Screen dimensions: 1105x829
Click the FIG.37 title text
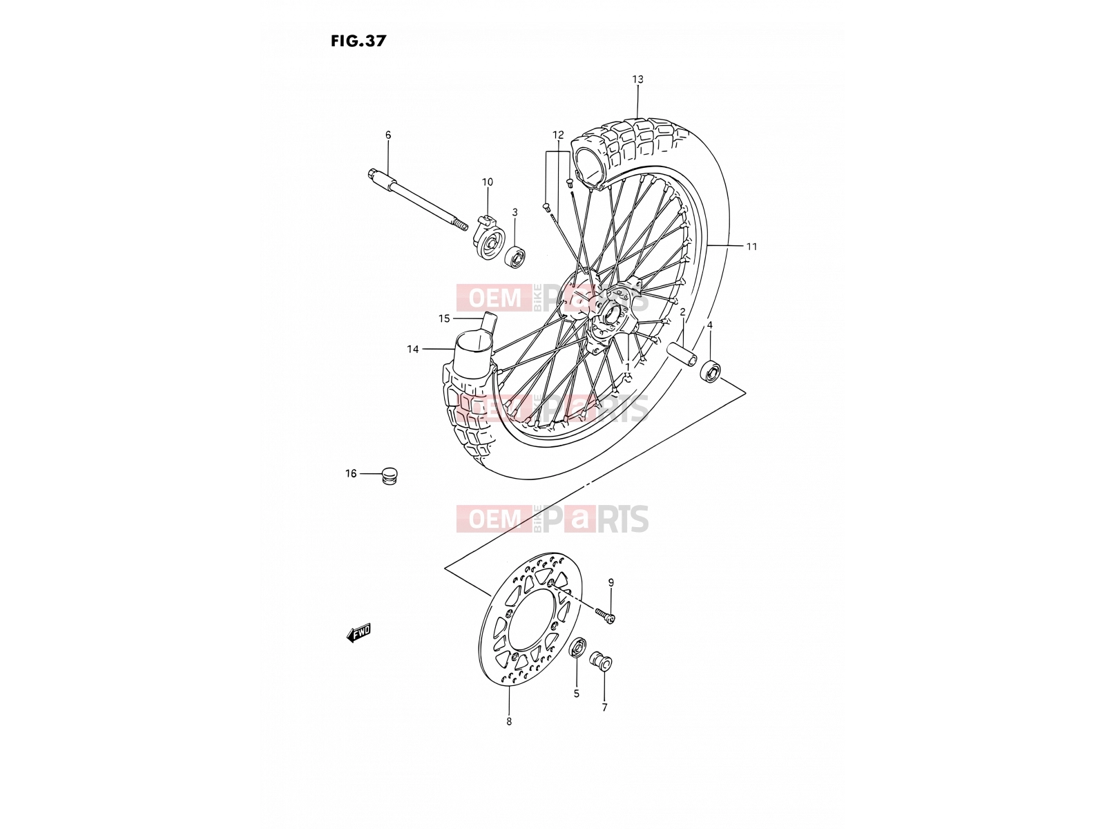coord(358,41)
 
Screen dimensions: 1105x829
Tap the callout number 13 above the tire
coord(637,79)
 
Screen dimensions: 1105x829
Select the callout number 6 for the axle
coord(387,135)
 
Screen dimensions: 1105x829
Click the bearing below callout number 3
coord(515,256)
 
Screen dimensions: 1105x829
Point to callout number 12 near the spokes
coord(558,135)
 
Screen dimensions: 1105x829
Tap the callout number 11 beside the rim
coord(751,246)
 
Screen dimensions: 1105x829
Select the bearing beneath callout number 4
coord(711,372)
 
